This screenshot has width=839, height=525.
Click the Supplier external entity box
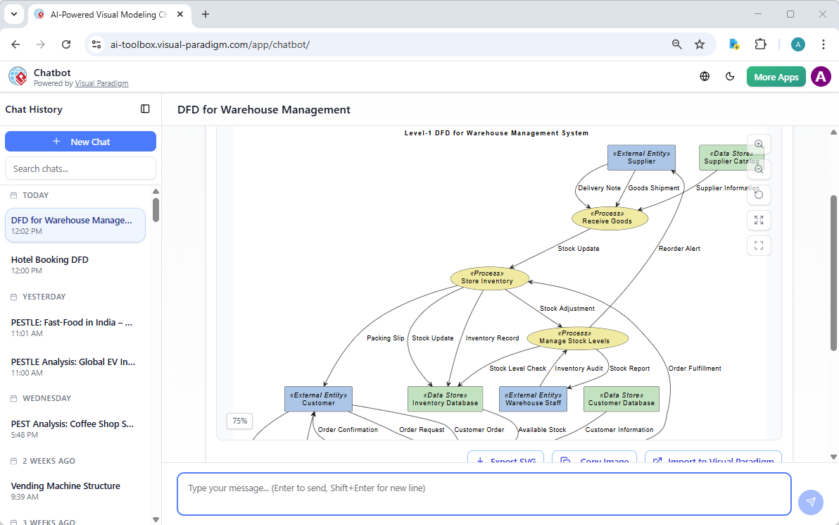641,157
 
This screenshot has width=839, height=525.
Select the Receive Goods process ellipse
610,218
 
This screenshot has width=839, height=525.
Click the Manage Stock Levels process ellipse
577,338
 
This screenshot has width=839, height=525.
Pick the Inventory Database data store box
445,399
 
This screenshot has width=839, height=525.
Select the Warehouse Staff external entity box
533,399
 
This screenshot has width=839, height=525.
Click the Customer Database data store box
621,399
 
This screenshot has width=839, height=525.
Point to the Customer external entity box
318,399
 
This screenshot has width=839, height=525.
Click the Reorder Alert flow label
679,249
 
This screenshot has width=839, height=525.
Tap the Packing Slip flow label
385,338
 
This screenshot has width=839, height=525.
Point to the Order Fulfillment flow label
694,369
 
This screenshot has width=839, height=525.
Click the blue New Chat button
80,142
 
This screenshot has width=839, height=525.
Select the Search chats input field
80,168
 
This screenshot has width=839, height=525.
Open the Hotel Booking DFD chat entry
50,260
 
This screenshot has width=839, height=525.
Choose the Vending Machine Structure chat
65,486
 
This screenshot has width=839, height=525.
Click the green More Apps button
776,77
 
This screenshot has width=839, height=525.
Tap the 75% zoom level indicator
239,421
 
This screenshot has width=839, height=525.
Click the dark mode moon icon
730,77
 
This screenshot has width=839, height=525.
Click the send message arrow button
810,502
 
